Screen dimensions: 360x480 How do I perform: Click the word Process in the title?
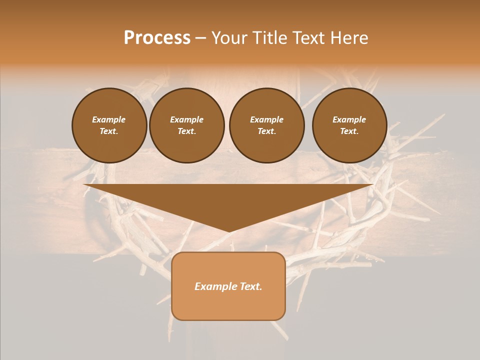click(x=157, y=38)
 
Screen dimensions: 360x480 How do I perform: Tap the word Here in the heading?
click(x=348, y=38)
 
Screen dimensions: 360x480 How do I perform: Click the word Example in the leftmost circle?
click(x=109, y=119)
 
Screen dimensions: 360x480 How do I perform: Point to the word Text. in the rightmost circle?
click(x=349, y=131)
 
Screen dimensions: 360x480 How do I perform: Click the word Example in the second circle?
click(x=186, y=119)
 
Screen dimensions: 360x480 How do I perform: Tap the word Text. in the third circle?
click(x=266, y=131)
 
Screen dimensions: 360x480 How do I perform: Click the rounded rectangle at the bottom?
click(x=228, y=305)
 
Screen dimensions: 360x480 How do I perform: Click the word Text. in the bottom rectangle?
click(x=251, y=286)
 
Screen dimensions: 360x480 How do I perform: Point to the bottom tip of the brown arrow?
click(x=228, y=230)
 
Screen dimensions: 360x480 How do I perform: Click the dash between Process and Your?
click(x=200, y=38)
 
